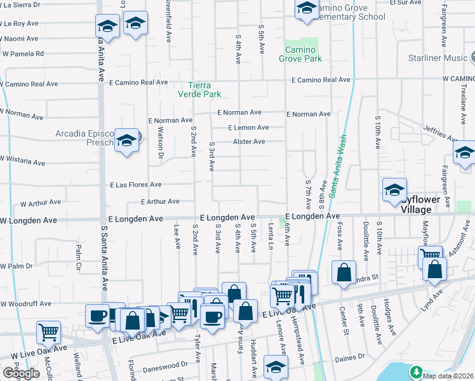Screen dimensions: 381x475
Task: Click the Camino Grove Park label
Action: [300, 54]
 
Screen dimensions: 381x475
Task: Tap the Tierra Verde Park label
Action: [204, 90]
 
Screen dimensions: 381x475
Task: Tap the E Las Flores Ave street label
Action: [135, 185]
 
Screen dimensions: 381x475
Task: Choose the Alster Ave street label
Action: [249, 142]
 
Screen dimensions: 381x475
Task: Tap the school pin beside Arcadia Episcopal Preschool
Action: [126, 140]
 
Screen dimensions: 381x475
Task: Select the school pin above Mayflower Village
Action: [394, 189]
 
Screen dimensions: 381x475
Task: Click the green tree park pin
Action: [416, 371]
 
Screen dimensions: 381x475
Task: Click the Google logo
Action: [20, 373]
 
